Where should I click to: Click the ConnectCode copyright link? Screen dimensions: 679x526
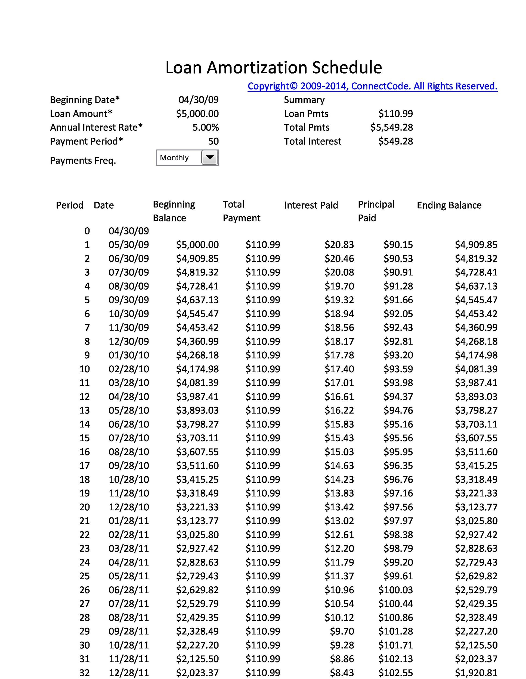(x=372, y=86)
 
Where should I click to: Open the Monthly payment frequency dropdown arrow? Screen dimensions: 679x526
(x=210, y=158)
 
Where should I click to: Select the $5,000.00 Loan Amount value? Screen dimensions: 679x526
(x=197, y=114)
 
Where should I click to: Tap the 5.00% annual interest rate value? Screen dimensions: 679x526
(x=205, y=127)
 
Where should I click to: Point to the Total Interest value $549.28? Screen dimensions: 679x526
(x=395, y=142)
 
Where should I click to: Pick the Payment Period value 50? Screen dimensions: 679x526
(x=213, y=142)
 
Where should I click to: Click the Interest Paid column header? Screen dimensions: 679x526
(x=311, y=205)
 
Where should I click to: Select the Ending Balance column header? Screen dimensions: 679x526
(x=449, y=205)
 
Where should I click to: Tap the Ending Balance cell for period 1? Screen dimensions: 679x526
(x=476, y=245)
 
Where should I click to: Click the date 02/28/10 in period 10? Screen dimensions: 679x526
(x=129, y=369)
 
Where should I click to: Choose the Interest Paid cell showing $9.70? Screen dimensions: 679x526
(x=342, y=631)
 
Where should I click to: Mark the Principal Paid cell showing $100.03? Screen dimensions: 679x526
(x=395, y=590)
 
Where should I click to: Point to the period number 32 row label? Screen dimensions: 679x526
(x=84, y=673)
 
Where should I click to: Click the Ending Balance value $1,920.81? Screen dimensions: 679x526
(x=476, y=673)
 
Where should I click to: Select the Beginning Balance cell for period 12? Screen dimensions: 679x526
(x=197, y=397)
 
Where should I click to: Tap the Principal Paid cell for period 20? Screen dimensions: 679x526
(x=398, y=507)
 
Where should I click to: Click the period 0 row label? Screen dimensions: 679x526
(x=87, y=231)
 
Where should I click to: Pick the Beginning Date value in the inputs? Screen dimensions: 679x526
(x=198, y=100)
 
